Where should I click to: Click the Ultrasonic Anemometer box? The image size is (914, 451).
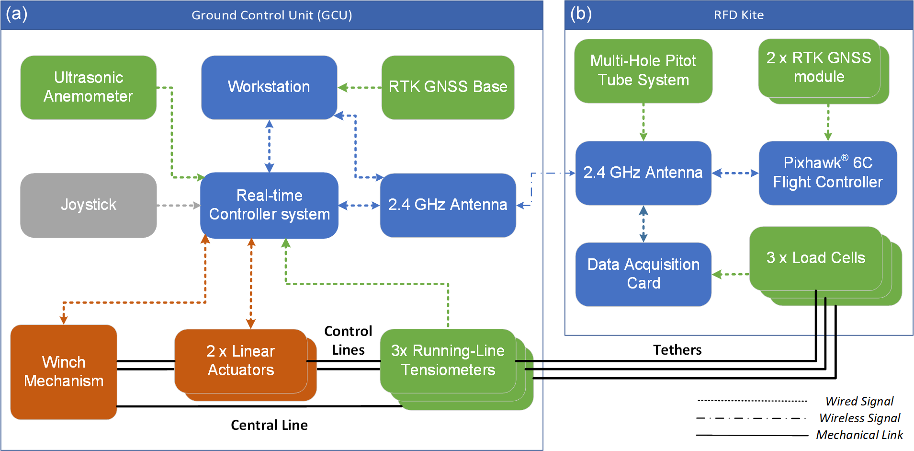point(89,87)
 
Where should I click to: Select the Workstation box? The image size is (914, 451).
point(269,87)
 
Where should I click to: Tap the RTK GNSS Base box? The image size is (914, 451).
point(448,87)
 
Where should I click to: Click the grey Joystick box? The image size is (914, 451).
point(89,205)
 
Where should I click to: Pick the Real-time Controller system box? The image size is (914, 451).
point(269,205)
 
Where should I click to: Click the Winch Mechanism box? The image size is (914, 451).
point(64,372)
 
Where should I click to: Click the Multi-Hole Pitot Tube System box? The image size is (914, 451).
point(643,71)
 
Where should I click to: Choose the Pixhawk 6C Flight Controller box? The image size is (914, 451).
point(828,173)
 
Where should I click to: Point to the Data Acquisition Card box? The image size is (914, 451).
point(643,274)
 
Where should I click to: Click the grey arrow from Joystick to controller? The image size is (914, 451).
point(179,206)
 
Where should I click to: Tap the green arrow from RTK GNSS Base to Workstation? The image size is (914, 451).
point(360,88)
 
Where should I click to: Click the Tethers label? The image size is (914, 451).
point(677,350)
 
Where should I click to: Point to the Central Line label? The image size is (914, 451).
point(269,425)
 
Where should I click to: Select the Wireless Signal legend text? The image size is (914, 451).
point(860,418)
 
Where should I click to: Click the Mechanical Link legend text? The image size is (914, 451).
point(859,435)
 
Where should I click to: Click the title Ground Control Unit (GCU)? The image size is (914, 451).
point(272,15)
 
